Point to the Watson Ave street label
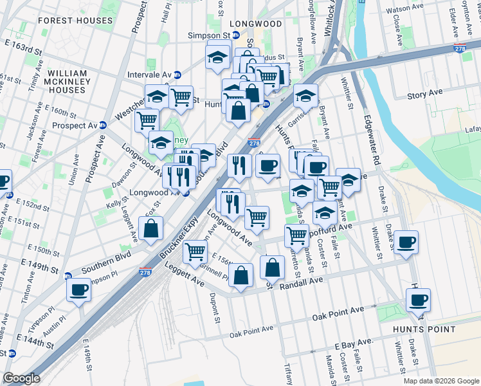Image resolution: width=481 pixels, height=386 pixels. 406,10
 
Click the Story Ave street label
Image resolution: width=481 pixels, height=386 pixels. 425,94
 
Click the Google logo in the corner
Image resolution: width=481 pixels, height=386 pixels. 22,378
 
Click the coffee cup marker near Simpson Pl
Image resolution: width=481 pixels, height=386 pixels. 78,289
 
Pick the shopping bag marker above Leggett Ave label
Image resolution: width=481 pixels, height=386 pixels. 150,228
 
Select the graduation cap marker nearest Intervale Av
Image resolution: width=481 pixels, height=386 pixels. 157,97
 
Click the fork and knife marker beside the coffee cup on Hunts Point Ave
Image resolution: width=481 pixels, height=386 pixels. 239,165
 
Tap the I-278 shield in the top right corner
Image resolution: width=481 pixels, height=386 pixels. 459,49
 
